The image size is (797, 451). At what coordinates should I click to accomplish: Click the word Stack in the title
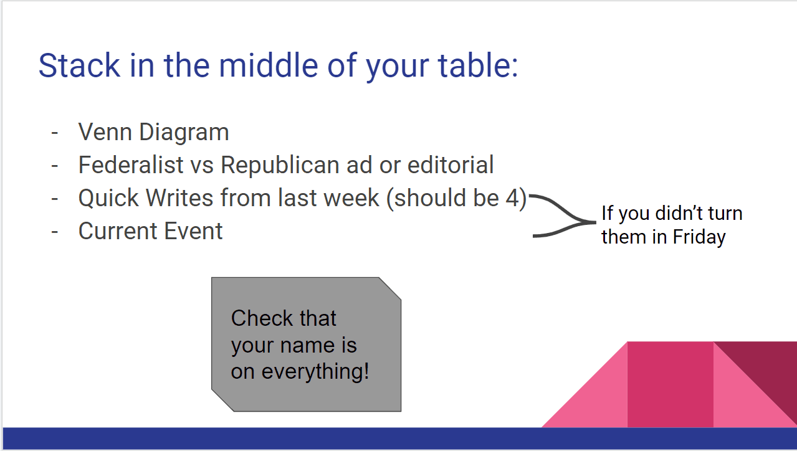tap(79, 65)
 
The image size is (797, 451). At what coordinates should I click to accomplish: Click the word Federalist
tap(131, 164)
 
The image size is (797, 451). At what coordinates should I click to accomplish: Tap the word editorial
tap(451, 164)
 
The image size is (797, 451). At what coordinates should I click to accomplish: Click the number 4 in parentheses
tap(512, 197)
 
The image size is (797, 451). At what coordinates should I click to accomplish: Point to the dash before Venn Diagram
tap(54, 133)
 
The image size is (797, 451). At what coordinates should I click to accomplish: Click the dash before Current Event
tap(54, 232)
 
